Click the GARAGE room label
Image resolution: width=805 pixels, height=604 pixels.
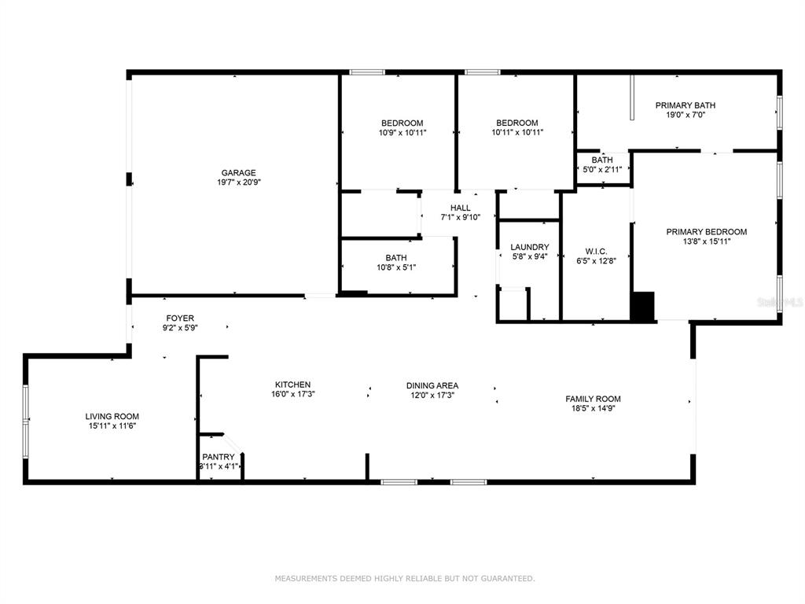(239, 172)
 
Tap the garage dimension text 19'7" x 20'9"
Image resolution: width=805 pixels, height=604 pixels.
(239, 182)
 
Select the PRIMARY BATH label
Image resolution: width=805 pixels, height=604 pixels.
(686, 105)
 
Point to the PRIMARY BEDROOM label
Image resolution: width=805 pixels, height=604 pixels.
(707, 232)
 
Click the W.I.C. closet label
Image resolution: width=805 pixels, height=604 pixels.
(596, 251)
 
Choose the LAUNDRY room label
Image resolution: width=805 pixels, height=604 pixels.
(530, 247)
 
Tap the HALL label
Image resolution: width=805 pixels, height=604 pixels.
(461, 208)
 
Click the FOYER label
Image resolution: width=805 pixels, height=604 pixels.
(180, 319)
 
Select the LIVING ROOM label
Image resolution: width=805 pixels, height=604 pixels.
(112, 417)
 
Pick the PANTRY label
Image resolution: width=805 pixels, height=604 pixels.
(219, 457)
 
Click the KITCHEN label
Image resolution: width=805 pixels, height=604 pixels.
(292, 385)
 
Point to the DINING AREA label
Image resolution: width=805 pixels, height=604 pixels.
(432, 385)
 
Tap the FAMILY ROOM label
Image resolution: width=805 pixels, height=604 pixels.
(593, 399)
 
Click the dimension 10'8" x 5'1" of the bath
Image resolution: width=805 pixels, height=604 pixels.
(396, 267)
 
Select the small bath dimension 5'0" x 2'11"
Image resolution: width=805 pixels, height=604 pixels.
(602, 169)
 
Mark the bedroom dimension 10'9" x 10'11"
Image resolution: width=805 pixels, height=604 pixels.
(402, 132)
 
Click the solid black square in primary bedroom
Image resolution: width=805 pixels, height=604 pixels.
(642, 307)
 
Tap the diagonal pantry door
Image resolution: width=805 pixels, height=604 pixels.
(233, 444)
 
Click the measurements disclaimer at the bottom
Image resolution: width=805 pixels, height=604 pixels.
(405, 578)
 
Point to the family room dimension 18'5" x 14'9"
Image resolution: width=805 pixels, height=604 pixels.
(593, 409)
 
